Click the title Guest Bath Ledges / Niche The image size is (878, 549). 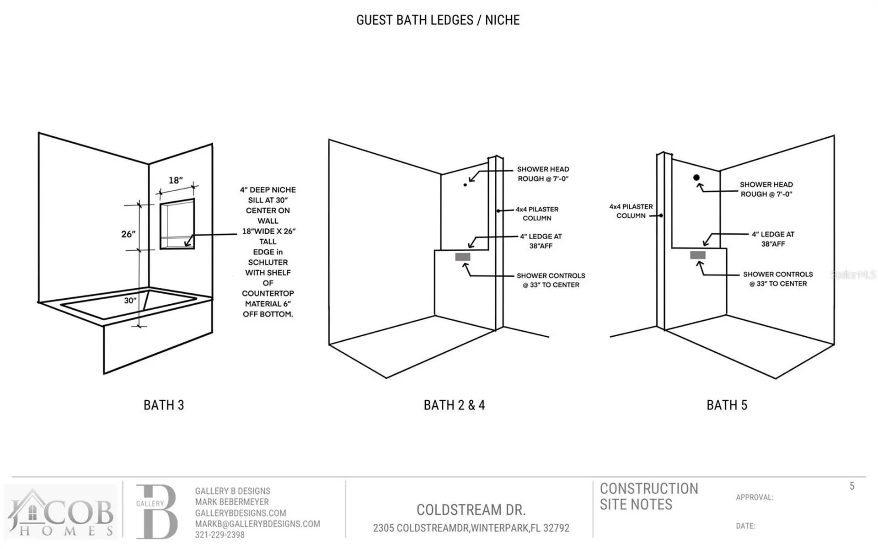point(438,20)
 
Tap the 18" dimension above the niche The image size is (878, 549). point(176,180)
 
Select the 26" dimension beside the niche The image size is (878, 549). point(128,234)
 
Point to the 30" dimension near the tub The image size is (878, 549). point(130,301)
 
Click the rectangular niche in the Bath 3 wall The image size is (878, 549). point(177,224)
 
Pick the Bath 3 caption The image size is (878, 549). point(164,405)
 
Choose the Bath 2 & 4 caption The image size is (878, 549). point(454,405)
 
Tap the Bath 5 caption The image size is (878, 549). point(727,405)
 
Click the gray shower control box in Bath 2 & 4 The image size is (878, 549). point(463,257)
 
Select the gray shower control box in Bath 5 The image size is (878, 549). point(698,255)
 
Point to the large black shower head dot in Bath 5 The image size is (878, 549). point(696,178)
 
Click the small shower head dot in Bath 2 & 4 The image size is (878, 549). point(466,185)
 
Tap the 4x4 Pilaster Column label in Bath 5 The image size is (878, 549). point(631,211)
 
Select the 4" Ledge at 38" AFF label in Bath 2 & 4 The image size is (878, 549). point(541,241)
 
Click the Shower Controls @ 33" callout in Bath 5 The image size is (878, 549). point(778,279)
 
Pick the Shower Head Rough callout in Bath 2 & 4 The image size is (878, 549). point(543,174)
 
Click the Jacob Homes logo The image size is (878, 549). point(60,512)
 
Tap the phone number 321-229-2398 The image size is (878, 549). point(220,535)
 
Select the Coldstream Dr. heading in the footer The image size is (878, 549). point(471,510)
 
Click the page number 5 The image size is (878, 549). point(852,486)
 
